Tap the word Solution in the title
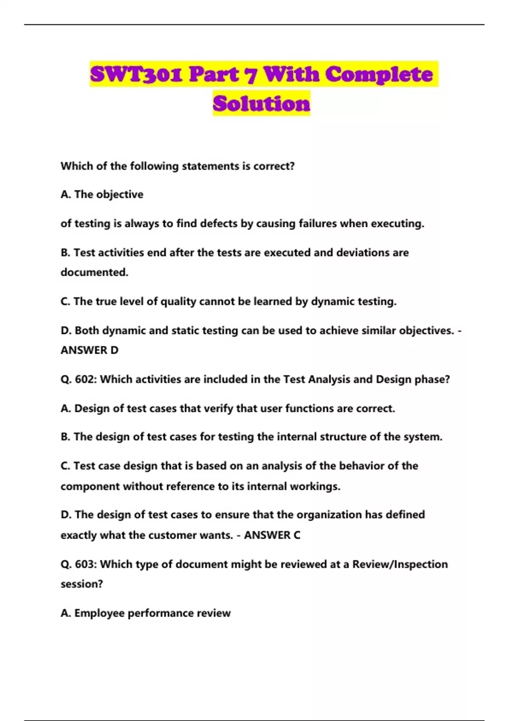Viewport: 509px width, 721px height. click(261, 103)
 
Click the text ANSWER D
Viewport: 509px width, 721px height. click(89, 350)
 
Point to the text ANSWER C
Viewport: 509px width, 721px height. click(272, 535)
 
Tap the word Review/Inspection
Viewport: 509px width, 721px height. click(400, 565)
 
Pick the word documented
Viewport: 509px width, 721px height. click(94, 272)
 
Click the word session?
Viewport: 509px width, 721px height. click(81, 584)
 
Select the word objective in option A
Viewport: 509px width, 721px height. click(120, 195)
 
